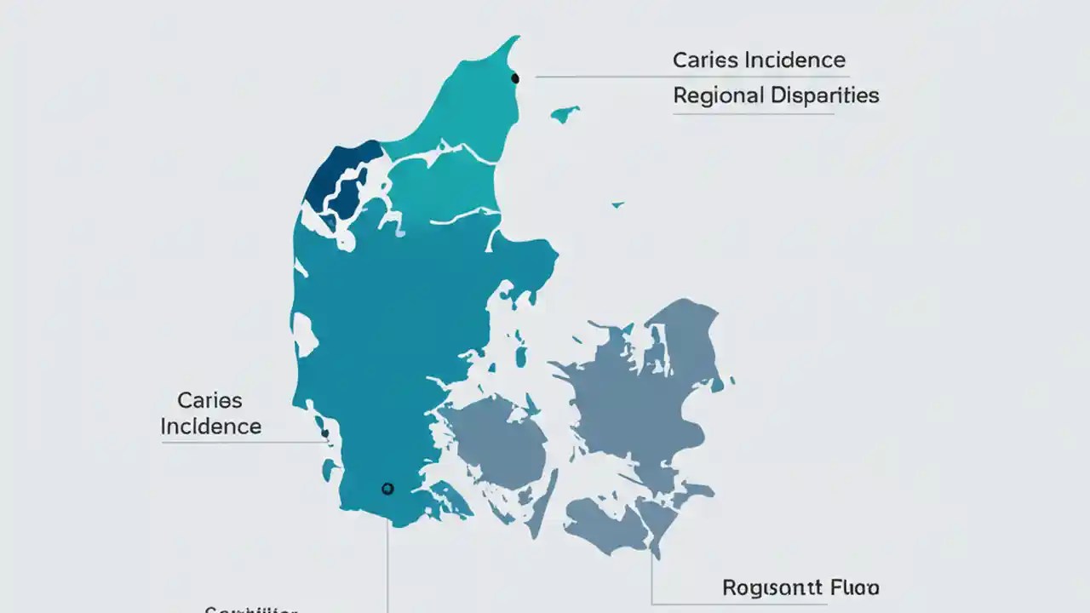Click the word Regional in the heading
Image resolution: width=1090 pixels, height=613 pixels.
point(718,95)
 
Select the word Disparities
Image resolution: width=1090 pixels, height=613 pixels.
point(824,95)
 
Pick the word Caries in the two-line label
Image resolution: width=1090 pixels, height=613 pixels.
point(209,400)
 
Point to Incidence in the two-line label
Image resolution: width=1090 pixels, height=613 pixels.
point(210,426)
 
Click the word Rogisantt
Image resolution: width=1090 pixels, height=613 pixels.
point(771,587)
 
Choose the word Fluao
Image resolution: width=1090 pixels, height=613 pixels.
point(854,587)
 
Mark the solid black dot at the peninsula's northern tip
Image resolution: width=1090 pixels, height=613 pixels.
point(515,78)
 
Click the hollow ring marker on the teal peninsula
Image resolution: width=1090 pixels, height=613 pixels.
point(387,489)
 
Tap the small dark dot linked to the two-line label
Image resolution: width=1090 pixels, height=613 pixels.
point(325,433)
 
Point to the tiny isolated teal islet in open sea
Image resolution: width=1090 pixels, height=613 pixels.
point(617,204)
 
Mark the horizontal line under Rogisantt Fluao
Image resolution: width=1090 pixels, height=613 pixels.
point(741,604)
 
